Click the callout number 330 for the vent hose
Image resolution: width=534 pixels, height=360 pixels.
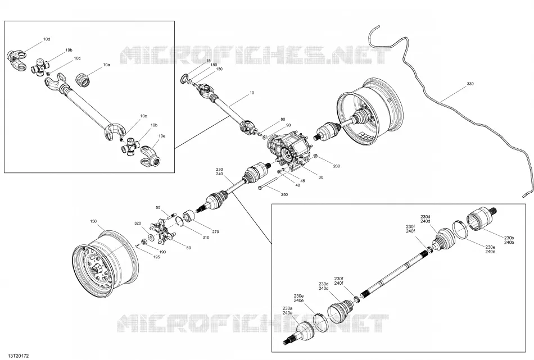(470, 84)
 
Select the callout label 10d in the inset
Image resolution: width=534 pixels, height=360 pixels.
(47, 39)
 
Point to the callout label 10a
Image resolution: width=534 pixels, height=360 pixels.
(107, 65)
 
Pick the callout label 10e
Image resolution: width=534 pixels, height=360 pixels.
(162, 136)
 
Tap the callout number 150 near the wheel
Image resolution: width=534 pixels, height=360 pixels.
(93, 221)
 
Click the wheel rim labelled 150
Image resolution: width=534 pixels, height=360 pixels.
(106, 264)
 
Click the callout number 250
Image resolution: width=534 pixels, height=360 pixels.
(284, 195)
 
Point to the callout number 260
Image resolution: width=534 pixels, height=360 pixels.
(337, 166)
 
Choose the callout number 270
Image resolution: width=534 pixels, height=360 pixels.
(216, 232)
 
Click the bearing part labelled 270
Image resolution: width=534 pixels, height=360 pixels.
(189, 217)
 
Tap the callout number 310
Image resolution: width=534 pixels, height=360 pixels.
(206, 238)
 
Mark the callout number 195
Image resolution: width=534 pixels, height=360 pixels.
(157, 257)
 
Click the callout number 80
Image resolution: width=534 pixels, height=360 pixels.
(283, 120)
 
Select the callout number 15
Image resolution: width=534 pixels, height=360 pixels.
(209, 61)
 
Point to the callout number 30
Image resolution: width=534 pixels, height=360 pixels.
(321, 177)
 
